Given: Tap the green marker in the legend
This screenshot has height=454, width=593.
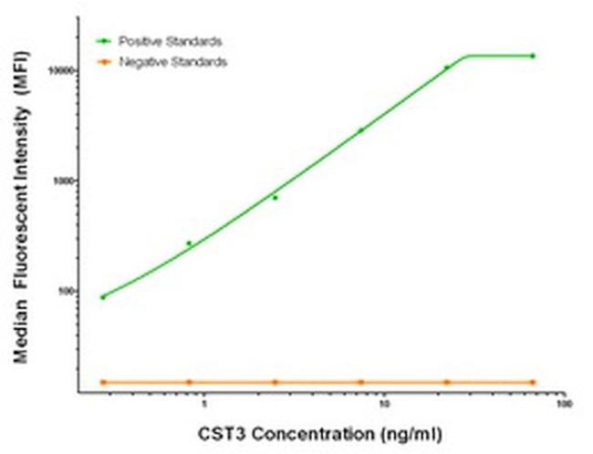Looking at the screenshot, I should coord(103,41).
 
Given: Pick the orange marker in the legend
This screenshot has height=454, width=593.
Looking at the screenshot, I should coord(103,61).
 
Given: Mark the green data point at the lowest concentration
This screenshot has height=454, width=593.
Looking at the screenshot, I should coord(103,297).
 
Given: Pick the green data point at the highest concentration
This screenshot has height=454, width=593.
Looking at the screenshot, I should coord(533,56).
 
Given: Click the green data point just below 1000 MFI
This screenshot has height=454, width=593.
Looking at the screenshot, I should coord(275,197).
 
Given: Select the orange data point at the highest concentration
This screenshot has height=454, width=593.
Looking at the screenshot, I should coord(533,382).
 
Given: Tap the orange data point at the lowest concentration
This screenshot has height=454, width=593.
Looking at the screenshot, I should coord(103,382).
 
